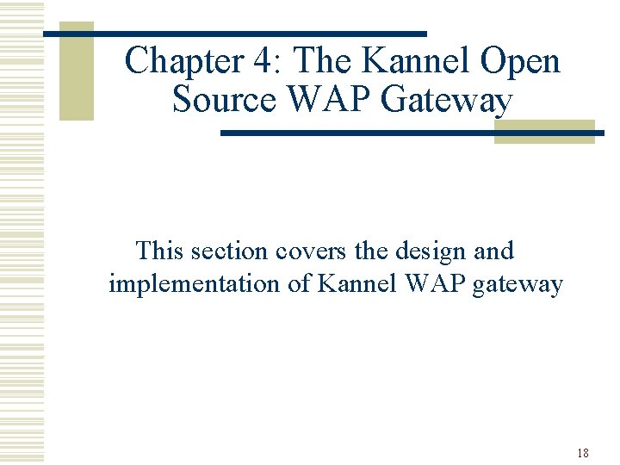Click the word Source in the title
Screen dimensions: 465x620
coord(224,100)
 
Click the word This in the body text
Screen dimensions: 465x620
coord(160,251)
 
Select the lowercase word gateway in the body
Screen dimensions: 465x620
coord(519,285)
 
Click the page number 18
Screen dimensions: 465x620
coord(583,453)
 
